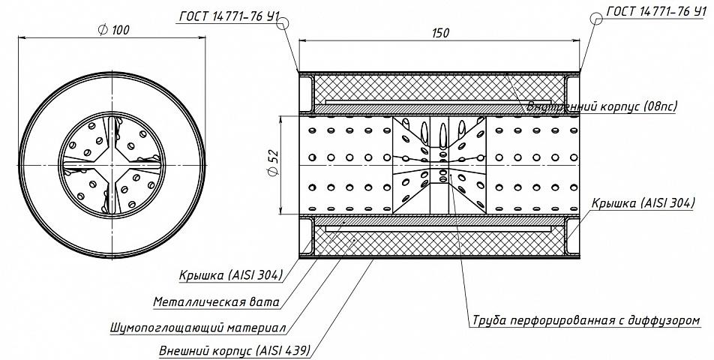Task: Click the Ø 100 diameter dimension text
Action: [x=113, y=30]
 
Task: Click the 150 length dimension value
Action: [x=440, y=33]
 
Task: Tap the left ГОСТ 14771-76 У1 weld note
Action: [x=229, y=16]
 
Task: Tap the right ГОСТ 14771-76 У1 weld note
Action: [x=656, y=12]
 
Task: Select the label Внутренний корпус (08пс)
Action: [x=602, y=107]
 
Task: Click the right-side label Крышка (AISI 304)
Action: [x=643, y=203]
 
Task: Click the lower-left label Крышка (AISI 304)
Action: [x=231, y=275]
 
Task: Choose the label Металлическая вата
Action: [x=216, y=301]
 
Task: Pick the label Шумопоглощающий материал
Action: [x=198, y=328]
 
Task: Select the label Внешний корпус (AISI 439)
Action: [x=235, y=351]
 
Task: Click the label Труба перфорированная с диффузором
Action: [x=586, y=320]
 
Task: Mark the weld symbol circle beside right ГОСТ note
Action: [x=596, y=19]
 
